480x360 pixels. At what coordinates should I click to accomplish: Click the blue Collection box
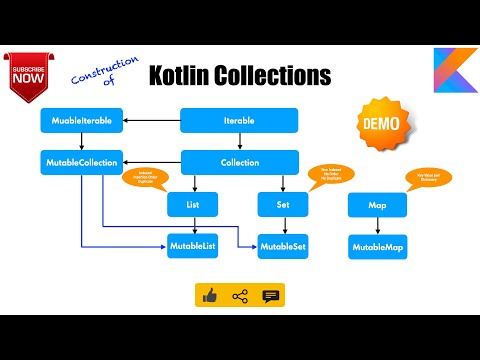[x=240, y=161]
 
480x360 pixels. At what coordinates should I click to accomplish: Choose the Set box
[x=281, y=204]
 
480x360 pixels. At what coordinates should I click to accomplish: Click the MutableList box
[x=193, y=246]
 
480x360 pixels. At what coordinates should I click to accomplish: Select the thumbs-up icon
[x=210, y=296]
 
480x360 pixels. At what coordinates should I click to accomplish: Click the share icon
[x=240, y=296]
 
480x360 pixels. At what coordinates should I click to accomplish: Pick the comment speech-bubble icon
[x=270, y=296]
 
